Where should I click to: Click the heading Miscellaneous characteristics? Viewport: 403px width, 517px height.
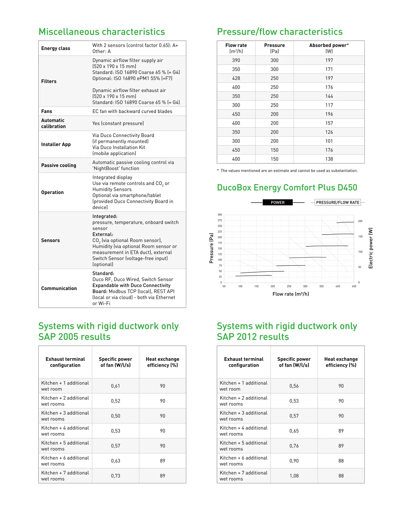point(102,32)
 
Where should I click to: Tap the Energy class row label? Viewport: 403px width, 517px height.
point(56,48)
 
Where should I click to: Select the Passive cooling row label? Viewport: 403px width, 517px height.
point(58,165)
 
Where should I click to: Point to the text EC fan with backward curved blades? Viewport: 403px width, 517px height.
point(132,111)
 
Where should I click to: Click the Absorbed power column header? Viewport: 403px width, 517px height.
point(329,48)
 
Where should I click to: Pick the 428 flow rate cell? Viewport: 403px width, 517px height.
point(236,78)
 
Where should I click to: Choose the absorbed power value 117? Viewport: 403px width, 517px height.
point(329,105)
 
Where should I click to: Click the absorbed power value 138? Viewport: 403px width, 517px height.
point(329,159)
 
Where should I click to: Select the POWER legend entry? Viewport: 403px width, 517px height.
point(277,202)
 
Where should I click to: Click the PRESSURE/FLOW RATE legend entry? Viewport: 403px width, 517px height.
point(337,202)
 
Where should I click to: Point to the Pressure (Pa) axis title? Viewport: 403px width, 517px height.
point(211,248)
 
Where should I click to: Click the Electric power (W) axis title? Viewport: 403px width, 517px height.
point(371,248)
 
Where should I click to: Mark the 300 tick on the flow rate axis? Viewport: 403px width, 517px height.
point(305,286)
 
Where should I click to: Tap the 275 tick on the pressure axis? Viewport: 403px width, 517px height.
point(220,220)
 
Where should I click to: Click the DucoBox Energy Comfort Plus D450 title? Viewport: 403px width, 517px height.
point(287,188)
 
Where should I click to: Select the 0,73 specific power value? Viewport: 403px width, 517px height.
point(115,476)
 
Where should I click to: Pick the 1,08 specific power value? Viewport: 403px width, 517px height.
point(294,476)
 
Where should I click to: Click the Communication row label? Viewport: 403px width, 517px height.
point(59,288)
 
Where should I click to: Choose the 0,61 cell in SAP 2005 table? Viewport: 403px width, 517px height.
point(115,386)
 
